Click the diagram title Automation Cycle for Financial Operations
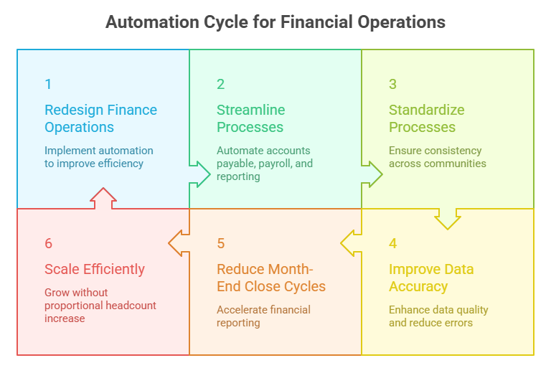click(275, 22)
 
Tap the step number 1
click(48, 84)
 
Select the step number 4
click(392, 243)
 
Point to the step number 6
click(48, 243)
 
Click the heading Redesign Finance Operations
click(100, 118)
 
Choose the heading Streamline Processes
click(250, 118)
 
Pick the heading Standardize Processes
click(426, 118)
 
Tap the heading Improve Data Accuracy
click(430, 278)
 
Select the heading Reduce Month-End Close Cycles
click(270, 278)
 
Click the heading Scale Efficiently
click(95, 270)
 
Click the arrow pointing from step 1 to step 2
click(199, 174)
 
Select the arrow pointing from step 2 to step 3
click(372, 174)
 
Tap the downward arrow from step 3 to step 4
click(448, 218)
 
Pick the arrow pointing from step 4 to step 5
click(352, 243)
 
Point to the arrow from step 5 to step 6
click(179, 243)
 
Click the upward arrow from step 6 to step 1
click(103, 198)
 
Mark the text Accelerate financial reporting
click(263, 316)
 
